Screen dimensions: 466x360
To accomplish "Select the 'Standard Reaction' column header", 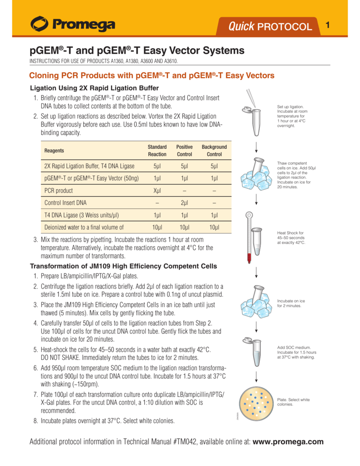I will [x=157, y=151].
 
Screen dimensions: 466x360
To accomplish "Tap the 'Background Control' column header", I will [x=214, y=151].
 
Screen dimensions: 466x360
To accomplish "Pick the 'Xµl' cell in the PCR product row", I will [x=157, y=191].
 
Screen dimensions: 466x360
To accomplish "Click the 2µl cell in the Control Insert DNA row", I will [x=184, y=203].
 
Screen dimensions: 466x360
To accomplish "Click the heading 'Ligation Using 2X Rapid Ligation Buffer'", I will [x=94, y=88].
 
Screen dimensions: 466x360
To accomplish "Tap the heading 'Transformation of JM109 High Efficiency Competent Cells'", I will [x=123, y=266].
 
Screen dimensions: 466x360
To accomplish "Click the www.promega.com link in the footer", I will [x=288, y=441].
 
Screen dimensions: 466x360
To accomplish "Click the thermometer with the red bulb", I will [x=248, y=237].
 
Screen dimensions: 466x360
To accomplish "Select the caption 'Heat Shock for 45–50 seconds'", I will [x=291, y=238].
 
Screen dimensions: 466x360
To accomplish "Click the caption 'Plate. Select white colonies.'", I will [x=293, y=402].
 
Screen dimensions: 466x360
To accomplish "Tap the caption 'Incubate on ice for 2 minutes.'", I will [x=291, y=303].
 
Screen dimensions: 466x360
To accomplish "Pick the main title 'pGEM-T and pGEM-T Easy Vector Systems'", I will [x=137, y=51].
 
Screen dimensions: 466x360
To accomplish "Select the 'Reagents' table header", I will [x=54, y=151].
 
